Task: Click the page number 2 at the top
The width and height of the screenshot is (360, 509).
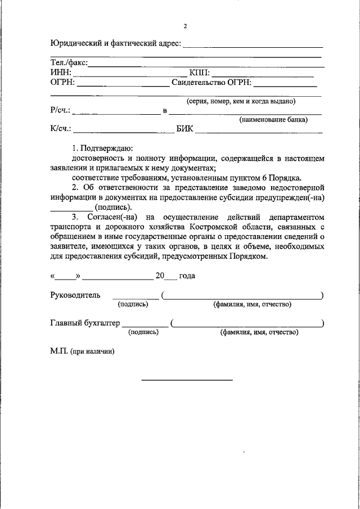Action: [184, 26]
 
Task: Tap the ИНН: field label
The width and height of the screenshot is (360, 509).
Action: [61, 73]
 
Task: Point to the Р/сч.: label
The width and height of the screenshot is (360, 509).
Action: [60, 110]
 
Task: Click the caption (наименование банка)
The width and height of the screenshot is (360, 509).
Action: [273, 120]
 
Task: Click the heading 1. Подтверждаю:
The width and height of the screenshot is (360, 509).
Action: [102, 149]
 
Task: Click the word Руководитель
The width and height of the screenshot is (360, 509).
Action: [75, 295]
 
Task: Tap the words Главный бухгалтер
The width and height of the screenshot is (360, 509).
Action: [85, 323]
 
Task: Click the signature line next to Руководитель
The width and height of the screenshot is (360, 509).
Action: [136, 299]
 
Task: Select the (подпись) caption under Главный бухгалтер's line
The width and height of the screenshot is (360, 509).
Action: [143, 332]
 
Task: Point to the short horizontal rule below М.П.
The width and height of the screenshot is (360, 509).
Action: [187, 380]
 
